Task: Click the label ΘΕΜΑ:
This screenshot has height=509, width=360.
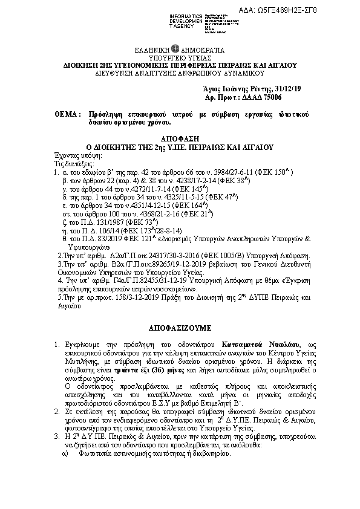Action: pyautogui.click(x=67, y=114)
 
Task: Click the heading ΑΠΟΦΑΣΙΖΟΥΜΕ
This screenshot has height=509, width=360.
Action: pyautogui.click(x=179, y=328)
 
